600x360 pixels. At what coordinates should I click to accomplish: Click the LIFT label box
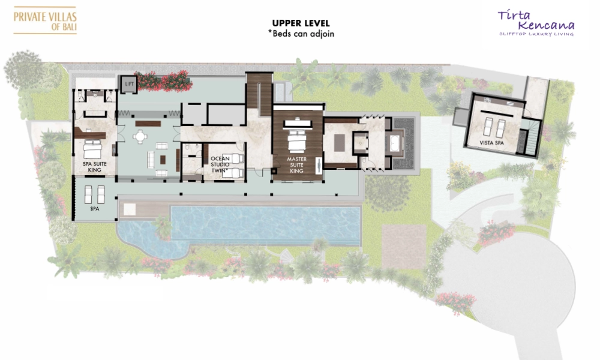coord(130,84)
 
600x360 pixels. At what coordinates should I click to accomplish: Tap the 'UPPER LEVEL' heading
coord(301,23)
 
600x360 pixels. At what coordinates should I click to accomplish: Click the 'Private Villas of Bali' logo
coord(45,20)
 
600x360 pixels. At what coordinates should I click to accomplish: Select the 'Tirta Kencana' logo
coord(536,23)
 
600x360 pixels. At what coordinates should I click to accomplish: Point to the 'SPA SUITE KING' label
coord(95,167)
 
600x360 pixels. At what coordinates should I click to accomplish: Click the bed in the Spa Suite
coord(92,149)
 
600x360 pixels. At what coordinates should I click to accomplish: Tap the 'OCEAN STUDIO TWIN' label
coord(220,164)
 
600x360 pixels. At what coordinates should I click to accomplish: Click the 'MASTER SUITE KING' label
coord(296,165)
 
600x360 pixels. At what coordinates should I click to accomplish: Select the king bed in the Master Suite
coord(296,142)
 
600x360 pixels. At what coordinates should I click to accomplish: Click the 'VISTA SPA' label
coord(492,143)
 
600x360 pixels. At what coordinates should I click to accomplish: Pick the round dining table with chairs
coord(140,137)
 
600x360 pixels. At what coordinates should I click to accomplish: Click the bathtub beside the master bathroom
coord(395,143)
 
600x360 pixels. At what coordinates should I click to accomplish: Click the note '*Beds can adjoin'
coord(301,34)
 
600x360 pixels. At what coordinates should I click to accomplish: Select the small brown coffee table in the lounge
coord(163,160)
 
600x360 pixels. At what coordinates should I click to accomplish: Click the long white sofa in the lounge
coord(151,160)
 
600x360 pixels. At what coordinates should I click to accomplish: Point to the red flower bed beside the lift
coord(163,81)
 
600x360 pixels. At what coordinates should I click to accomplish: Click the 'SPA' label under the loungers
coord(95,209)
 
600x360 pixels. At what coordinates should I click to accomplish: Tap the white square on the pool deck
coord(129,209)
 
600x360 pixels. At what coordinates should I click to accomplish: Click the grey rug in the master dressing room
coord(340,143)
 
